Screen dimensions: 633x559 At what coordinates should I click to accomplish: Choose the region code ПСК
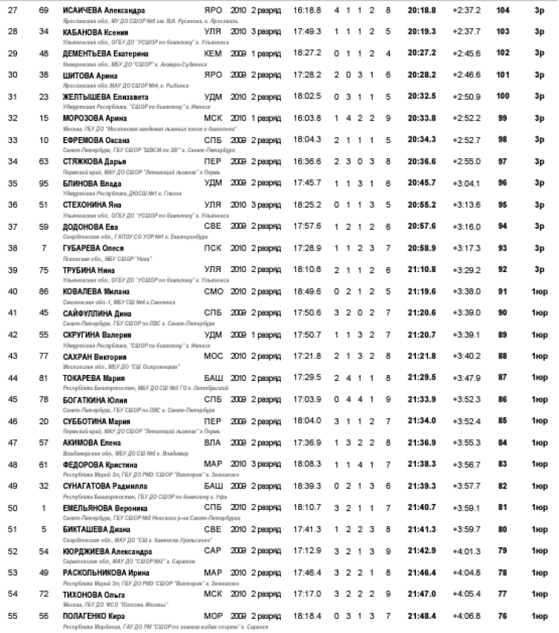(212, 248)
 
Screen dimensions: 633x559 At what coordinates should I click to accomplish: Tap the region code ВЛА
(212, 442)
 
